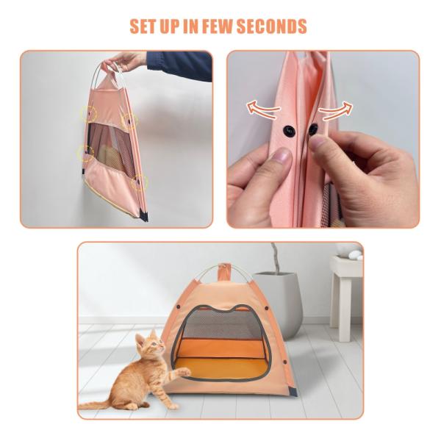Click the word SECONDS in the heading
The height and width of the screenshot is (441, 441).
pos(271,26)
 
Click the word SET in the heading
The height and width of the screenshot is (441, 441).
pos(143,26)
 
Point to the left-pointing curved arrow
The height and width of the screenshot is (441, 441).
pos(263,108)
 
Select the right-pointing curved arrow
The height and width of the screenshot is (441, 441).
pos(335,110)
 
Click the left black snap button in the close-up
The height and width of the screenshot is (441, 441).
pos(289,131)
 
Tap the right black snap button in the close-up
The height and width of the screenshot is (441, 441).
pos(312,129)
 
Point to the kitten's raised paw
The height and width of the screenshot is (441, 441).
pos(184,373)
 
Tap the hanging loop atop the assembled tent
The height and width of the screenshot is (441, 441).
pos(224,270)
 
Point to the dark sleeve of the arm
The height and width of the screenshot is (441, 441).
pos(179,66)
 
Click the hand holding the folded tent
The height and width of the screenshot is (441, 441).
pos(126,61)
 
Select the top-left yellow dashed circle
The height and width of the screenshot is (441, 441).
pos(88,114)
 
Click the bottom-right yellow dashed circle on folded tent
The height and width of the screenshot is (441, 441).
pos(139,182)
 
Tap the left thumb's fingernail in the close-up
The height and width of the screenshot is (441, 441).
pos(282,155)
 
